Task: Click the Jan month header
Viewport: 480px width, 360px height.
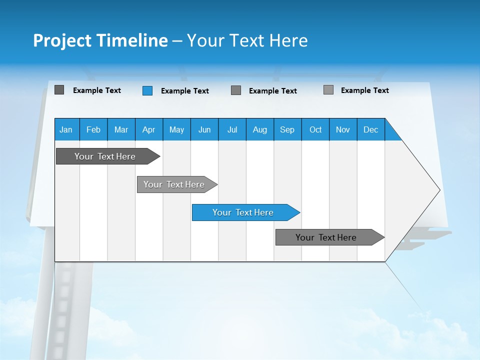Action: (x=66, y=129)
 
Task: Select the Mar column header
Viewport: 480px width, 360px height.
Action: (x=121, y=129)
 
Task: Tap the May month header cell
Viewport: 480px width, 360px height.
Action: (x=176, y=129)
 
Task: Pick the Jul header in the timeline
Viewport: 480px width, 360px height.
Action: (x=232, y=129)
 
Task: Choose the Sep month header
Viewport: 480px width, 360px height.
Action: (x=287, y=129)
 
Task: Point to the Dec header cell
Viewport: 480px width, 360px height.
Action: (x=370, y=129)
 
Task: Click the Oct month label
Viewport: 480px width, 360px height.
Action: (x=315, y=129)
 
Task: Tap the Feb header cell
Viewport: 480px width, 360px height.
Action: (x=93, y=129)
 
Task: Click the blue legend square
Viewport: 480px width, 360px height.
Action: (x=147, y=90)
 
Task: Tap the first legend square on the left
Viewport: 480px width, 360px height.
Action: (x=59, y=90)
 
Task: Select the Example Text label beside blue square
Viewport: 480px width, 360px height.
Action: (x=184, y=91)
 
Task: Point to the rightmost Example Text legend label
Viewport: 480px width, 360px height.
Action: (x=364, y=90)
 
